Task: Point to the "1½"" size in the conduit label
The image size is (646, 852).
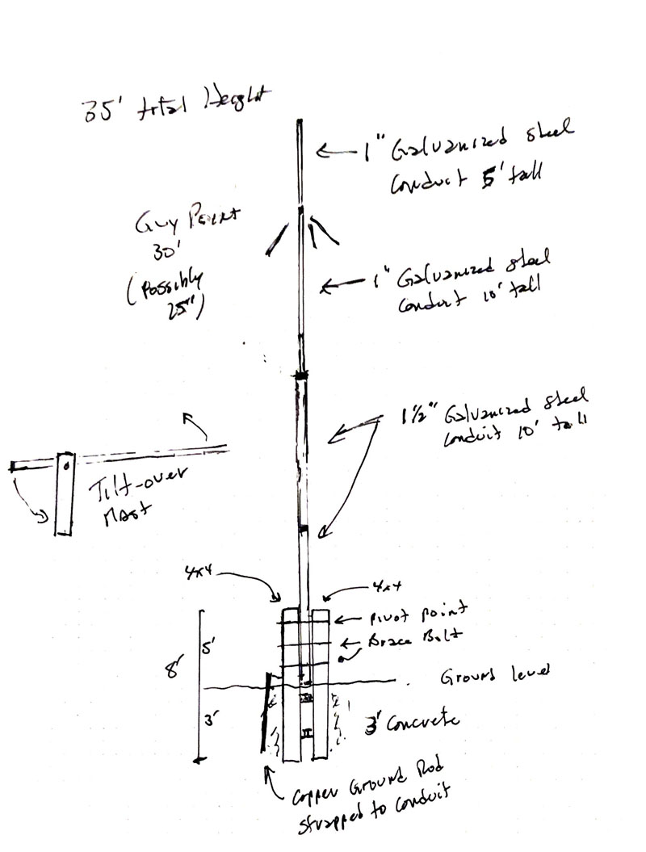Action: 418,418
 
